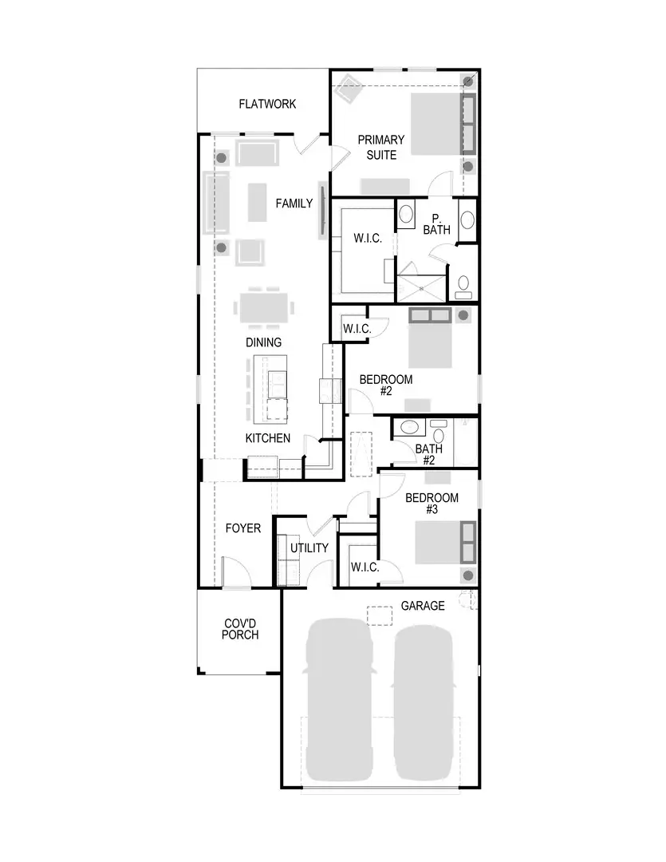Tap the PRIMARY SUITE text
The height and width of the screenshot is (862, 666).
click(380, 147)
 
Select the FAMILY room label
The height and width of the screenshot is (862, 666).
click(294, 204)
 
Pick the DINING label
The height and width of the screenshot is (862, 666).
click(263, 342)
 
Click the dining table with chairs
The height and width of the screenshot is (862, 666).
click(263, 307)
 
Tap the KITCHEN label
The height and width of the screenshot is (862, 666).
click(267, 438)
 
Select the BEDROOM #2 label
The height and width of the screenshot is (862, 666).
click(385, 386)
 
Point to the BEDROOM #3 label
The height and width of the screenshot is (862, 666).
click(432, 504)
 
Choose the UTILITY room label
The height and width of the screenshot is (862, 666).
click(309, 548)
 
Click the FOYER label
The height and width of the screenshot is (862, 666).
click(242, 528)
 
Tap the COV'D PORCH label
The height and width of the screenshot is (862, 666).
click(240, 629)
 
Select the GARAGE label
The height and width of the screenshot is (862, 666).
click(422, 606)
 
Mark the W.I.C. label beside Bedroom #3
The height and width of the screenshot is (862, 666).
click(365, 567)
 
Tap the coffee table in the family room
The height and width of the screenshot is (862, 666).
click(257, 202)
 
